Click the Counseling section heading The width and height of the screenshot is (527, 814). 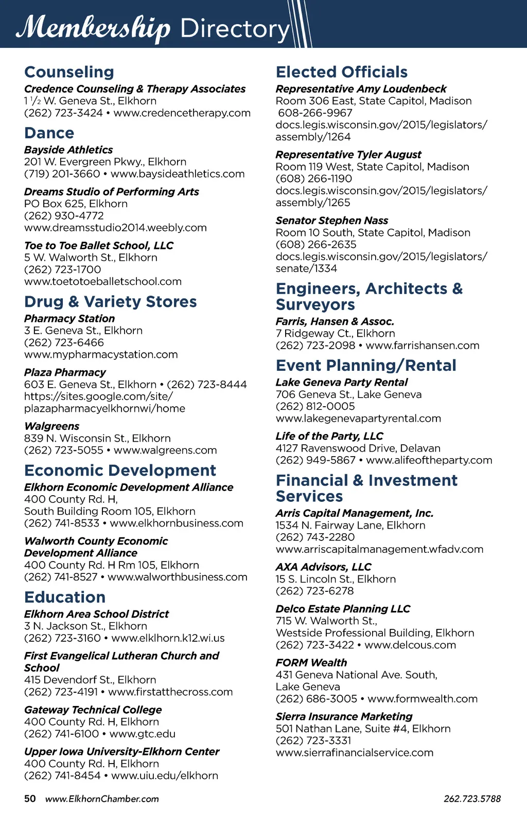tap(69, 72)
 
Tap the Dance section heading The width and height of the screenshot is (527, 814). tap(49, 133)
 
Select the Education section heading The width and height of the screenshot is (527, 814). tap(65, 597)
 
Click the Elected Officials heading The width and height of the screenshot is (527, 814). tap(342, 72)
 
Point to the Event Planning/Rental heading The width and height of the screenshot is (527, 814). tap(366, 366)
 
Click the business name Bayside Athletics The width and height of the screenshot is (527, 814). tap(68, 150)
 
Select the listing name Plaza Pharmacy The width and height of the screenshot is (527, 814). tap(65, 372)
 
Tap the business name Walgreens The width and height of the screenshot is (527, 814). tap(51, 426)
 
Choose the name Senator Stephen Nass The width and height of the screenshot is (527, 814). tap(332, 221)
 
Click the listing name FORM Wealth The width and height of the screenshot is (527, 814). tap(311, 663)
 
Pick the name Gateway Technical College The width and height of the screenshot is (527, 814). tap(93, 710)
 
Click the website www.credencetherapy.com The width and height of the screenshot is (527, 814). tap(182, 113)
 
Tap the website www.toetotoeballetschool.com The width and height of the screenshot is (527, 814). tap(103, 282)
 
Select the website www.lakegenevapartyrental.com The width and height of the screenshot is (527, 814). tap(358, 419)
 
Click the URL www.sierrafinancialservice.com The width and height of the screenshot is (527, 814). tap(355, 753)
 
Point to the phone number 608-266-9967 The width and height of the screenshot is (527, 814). tap(315, 113)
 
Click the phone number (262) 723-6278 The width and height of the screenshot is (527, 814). tap(315, 591)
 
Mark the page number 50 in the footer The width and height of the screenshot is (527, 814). tap(30, 799)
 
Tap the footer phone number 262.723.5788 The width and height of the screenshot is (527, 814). tap(472, 799)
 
